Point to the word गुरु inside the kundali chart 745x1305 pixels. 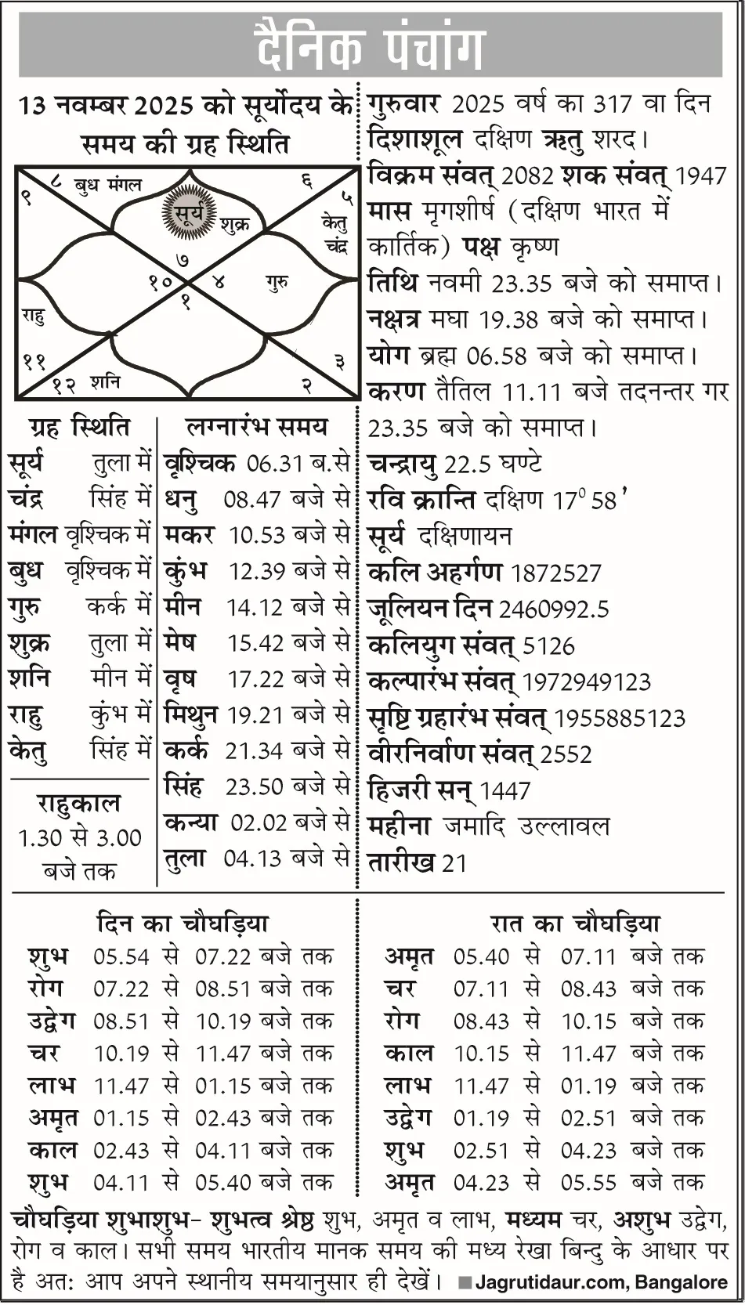[x=277, y=282]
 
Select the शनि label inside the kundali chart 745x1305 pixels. [x=105, y=382]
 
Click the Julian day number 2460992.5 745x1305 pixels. [x=554, y=609]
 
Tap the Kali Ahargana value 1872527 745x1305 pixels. [x=555, y=573]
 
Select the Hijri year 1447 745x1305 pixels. [x=505, y=791]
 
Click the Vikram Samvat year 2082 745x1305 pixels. [x=532, y=176]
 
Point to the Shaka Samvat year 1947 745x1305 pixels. [x=701, y=176]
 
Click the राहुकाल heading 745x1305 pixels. [x=79, y=804]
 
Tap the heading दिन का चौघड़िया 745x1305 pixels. [x=182, y=924]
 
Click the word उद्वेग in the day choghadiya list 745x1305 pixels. [x=52, y=1021]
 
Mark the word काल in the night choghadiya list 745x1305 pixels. [x=408, y=1054]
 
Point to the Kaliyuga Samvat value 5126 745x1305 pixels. [x=548, y=646]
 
